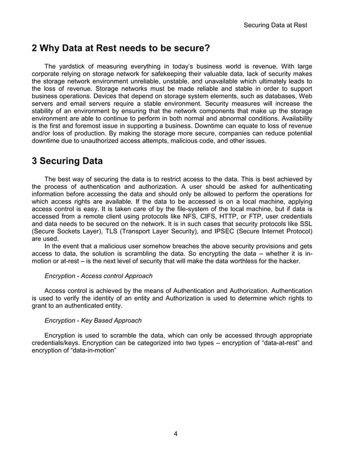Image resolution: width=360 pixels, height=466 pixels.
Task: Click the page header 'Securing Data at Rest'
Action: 275,25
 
